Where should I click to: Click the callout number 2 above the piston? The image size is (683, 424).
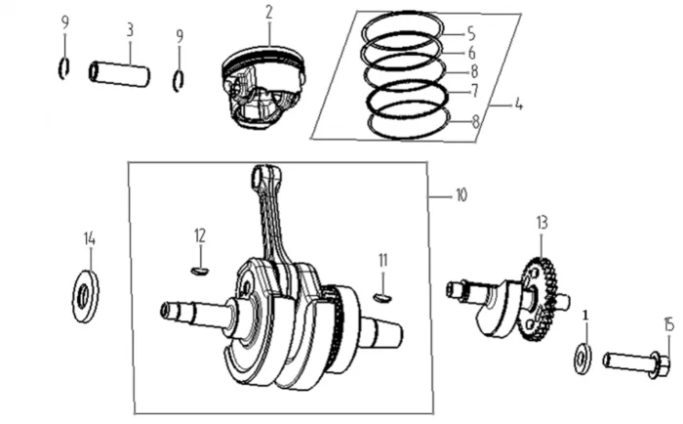[x=268, y=12]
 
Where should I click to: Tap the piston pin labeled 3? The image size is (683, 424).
[x=119, y=74]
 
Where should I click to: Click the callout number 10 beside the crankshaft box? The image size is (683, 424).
[x=461, y=195]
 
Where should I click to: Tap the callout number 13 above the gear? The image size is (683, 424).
[x=542, y=223]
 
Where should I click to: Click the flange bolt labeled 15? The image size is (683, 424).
[x=635, y=362]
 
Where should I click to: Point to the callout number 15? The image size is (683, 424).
[x=668, y=323]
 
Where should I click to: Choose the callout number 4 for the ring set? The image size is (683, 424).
[x=518, y=104]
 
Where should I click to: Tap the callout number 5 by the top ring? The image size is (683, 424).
[x=470, y=32]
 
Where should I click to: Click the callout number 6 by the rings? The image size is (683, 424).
[x=471, y=53]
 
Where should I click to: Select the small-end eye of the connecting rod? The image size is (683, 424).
[x=262, y=176]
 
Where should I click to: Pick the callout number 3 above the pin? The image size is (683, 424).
[x=129, y=29]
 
